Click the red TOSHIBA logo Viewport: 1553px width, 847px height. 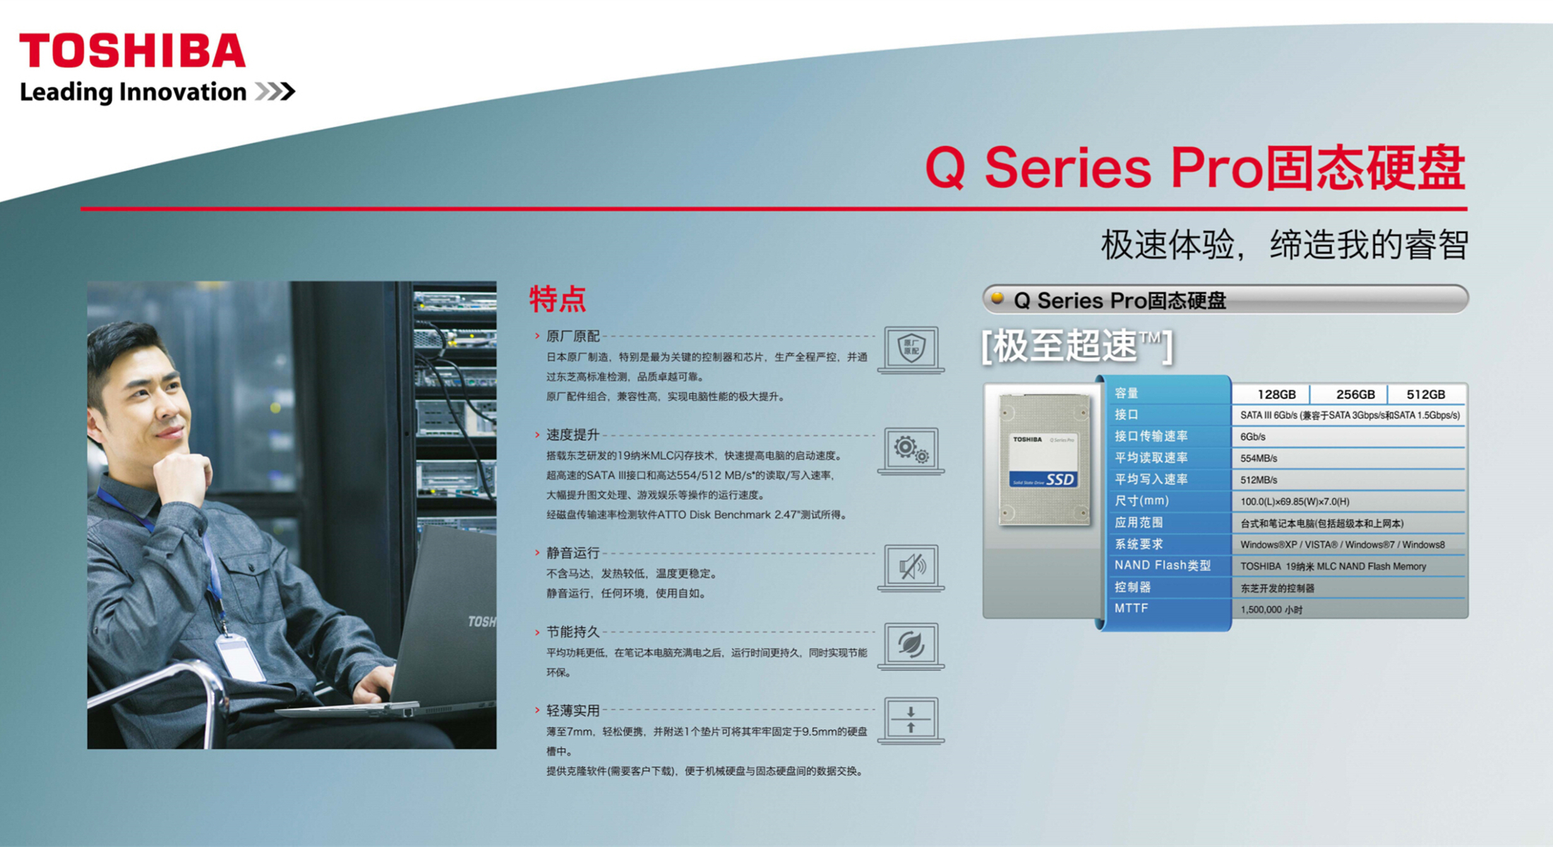(x=132, y=51)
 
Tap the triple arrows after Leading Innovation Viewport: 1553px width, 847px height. (x=275, y=92)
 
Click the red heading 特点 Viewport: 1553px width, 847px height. (x=558, y=299)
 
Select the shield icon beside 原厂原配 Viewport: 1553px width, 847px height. (x=911, y=349)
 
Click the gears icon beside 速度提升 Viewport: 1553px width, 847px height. (x=911, y=450)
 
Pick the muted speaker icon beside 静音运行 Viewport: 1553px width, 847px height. (x=911, y=567)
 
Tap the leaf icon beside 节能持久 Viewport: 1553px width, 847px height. (x=911, y=646)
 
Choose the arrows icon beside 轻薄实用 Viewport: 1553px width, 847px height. (x=911, y=721)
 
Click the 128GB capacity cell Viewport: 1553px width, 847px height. (x=1276, y=395)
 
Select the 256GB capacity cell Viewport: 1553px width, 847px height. (x=1355, y=395)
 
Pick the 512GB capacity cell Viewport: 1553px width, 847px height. (x=1426, y=395)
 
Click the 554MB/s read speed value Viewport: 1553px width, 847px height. (x=1259, y=459)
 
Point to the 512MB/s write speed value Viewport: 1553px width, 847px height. (x=1259, y=480)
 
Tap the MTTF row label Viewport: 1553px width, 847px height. (x=1131, y=608)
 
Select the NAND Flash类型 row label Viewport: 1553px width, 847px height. (x=1163, y=565)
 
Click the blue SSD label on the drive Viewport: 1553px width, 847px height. (x=1043, y=479)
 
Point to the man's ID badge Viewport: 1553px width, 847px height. (x=240, y=657)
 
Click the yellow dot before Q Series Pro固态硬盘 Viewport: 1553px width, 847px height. (x=997, y=298)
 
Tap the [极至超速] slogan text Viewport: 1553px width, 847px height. (x=1077, y=347)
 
